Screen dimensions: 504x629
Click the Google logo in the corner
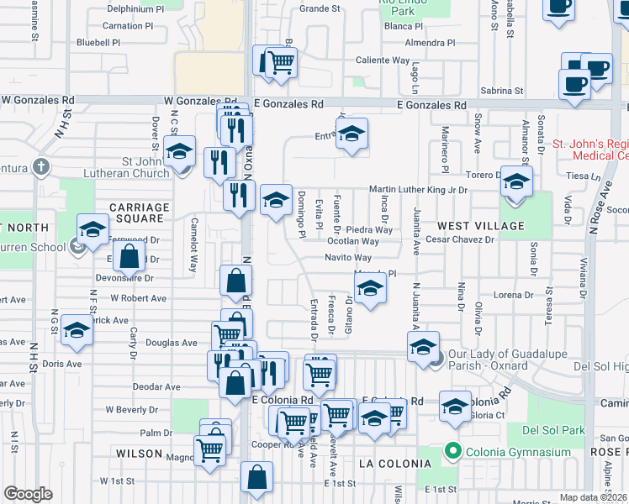coord(28,494)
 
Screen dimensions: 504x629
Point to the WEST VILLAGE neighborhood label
coord(480,226)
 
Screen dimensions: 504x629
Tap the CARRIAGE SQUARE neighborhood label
coord(139,213)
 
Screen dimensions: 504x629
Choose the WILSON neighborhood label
coord(139,454)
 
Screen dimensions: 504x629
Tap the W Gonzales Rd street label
coord(37,100)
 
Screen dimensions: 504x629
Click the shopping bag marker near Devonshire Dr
coord(129,258)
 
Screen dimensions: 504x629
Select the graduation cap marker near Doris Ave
coord(77,330)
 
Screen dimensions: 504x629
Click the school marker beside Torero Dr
coord(516,181)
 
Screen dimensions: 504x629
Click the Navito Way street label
coord(348,258)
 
